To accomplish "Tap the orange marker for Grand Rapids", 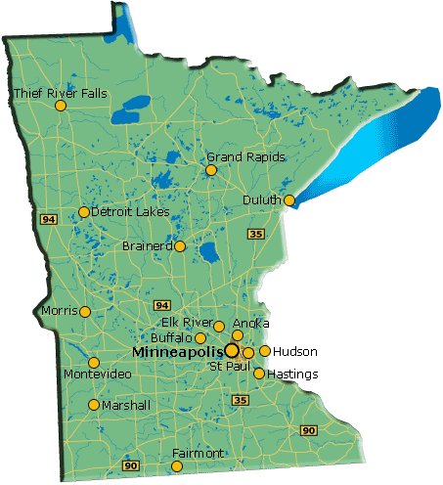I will pyautogui.click(x=210, y=170).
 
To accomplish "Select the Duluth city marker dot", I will pyautogui.click(x=288, y=200).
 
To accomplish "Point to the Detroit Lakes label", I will pyautogui.click(x=130, y=211).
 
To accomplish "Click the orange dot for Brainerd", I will pyautogui.click(x=180, y=246).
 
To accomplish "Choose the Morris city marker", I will pyautogui.click(x=85, y=312).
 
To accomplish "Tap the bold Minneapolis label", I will pyautogui.click(x=177, y=350).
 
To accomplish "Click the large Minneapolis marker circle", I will pyautogui.click(x=232, y=349).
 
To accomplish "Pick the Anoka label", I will pyautogui.click(x=252, y=323).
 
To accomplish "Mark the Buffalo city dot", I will pyautogui.click(x=200, y=338).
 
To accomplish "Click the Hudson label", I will pyautogui.click(x=295, y=351).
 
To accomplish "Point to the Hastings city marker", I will pyautogui.click(x=258, y=373).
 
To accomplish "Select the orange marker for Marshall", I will pyautogui.click(x=94, y=405).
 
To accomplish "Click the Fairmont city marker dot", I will pyautogui.click(x=176, y=466).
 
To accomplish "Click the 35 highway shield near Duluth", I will pyautogui.click(x=256, y=234).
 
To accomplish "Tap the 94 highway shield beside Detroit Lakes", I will pyautogui.click(x=48, y=220).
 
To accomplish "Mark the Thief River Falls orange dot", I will pyautogui.click(x=61, y=106).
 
